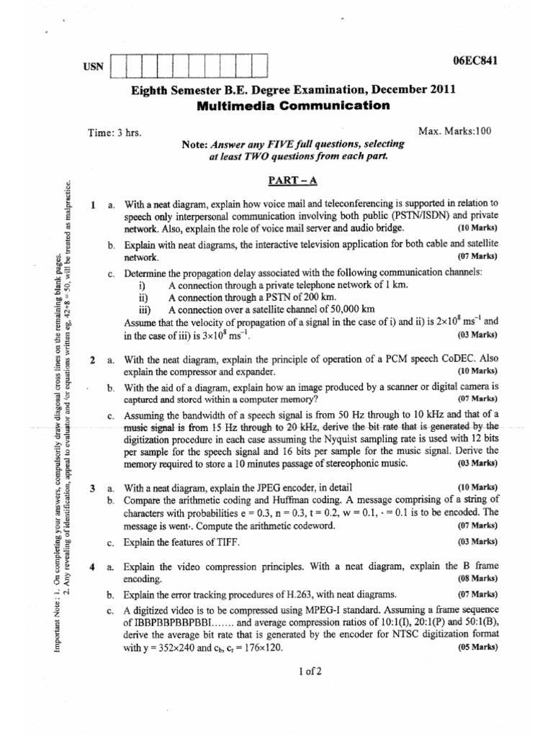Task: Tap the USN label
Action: tap(94, 66)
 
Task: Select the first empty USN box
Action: tap(122, 66)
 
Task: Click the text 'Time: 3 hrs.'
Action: tap(114, 133)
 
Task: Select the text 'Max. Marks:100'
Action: tap(454, 131)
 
